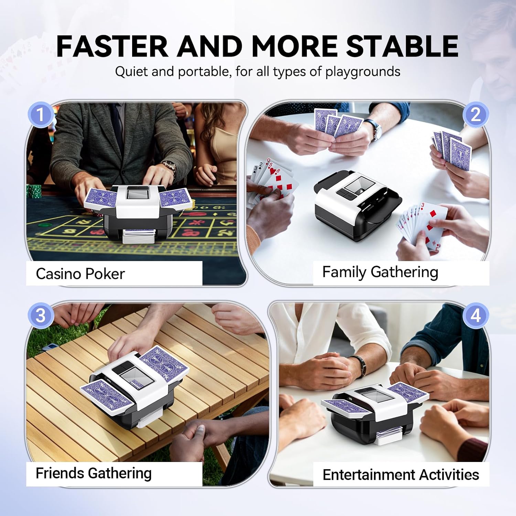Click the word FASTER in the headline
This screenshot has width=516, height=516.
[x=112, y=46]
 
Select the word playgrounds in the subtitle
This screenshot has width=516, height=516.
[x=363, y=72]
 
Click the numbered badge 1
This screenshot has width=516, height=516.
[x=41, y=115]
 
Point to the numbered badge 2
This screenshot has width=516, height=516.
[x=475, y=115]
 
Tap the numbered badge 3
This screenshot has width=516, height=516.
[x=41, y=315]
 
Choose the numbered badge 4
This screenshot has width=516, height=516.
[x=475, y=315]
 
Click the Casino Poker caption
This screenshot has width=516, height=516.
[x=80, y=274]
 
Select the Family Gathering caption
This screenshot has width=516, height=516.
[x=380, y=272]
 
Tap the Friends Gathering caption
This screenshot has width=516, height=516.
[x=94, y=473]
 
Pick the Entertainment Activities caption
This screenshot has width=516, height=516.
[x=401, y=475]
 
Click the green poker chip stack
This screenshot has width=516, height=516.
[x=35, y=191]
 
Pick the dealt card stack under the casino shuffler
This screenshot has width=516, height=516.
[x=138, y=237]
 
